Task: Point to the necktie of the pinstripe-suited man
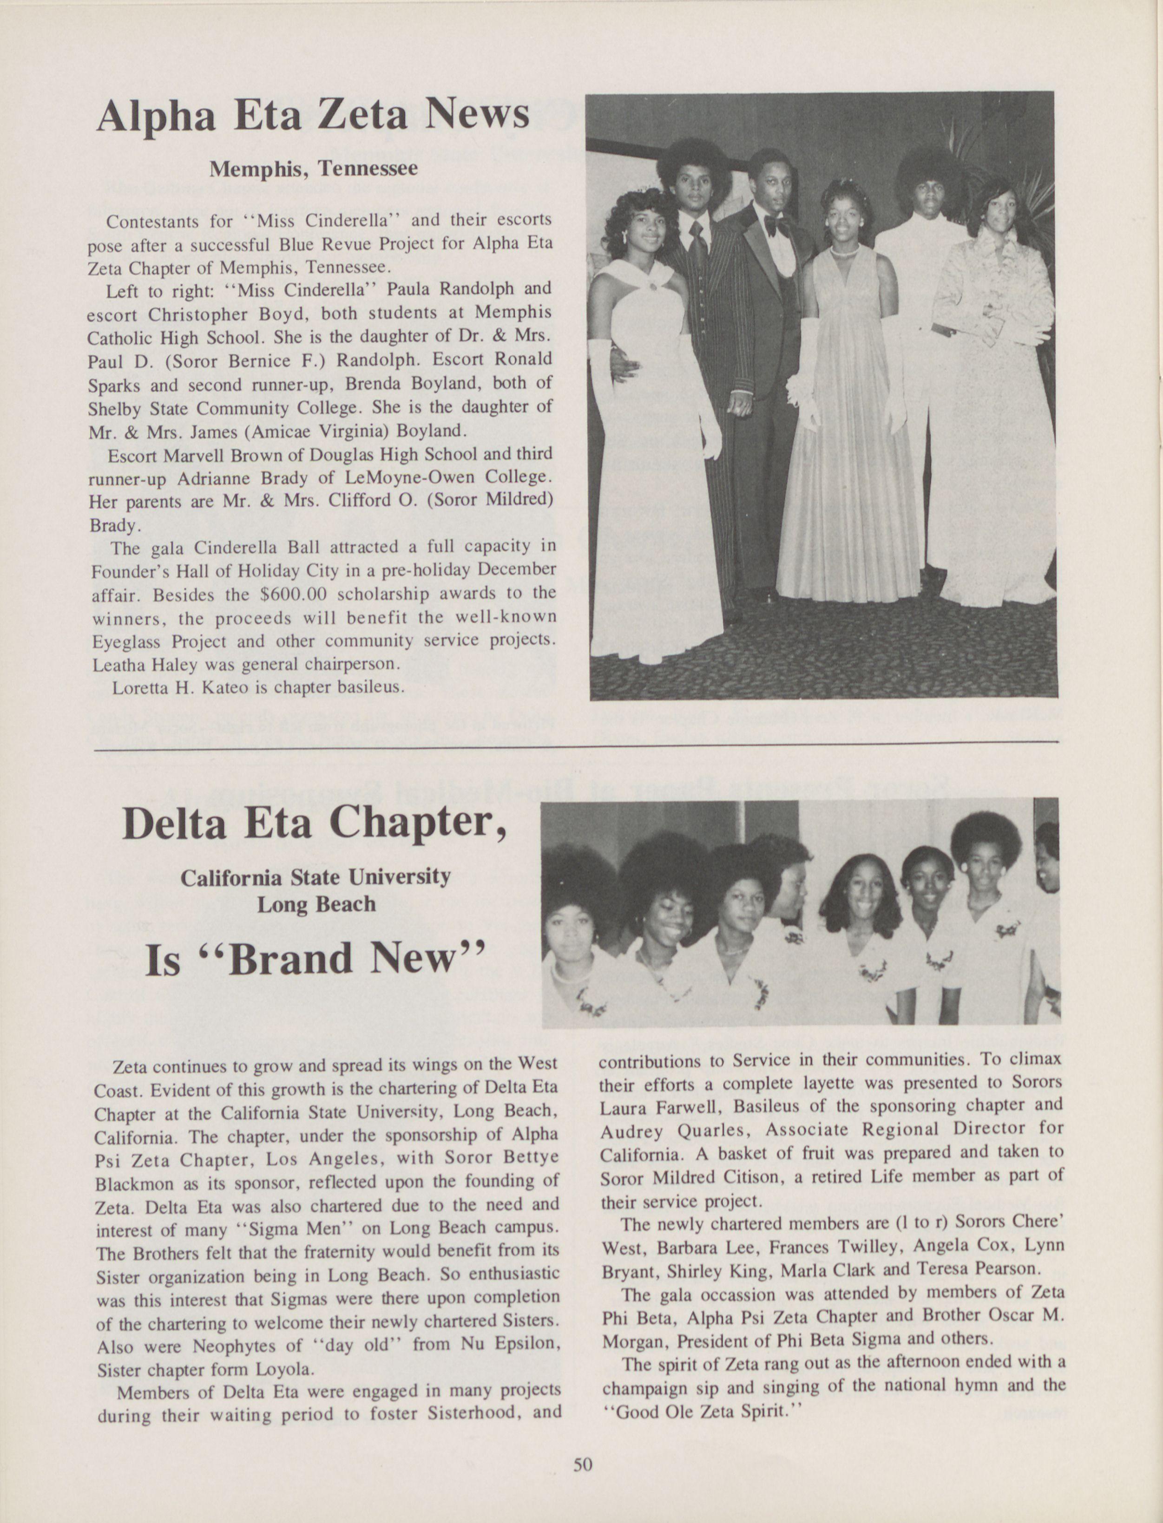click(x=698, y=246)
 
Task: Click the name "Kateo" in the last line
click(x=216, y=689)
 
